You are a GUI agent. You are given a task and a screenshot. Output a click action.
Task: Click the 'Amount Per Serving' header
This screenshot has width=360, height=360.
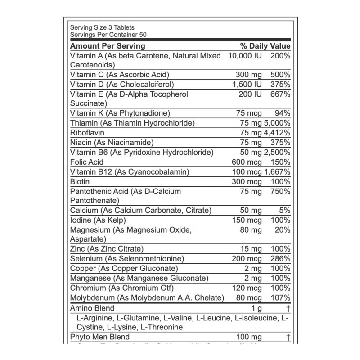pyautogui.click(x=108, y=46)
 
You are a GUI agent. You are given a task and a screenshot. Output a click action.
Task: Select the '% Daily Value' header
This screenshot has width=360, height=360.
pyautogui.click(x=265, y=46)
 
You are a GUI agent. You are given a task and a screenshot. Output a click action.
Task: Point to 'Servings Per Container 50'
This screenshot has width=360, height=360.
pyautogui.click(x=108, y=35)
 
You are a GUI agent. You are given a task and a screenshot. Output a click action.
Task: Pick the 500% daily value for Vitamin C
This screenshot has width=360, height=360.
pyautogui.click(x=280, y=75)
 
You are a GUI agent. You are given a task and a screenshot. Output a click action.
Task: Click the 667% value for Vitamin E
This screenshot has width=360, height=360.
pyautogui.click(x=280, y=94)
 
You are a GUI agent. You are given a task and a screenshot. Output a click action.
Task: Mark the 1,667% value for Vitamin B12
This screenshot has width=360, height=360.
pyautogui.click(x=276, y=171)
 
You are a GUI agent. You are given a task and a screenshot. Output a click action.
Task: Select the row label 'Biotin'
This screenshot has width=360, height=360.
pyautogui.click(x=81, y=181)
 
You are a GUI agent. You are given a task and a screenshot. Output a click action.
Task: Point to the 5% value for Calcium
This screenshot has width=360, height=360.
pyautogui.click(x=285, y=211)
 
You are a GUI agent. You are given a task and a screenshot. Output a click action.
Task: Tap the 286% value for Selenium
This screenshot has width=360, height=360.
pyautogui.click(x=280, y=259)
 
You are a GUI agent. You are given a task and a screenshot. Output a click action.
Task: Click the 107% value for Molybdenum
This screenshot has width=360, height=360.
pyautogui.click(x=280, y=298)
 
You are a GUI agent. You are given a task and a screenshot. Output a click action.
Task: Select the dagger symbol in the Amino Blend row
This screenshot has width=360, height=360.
pyautogui.click(x=287, y=308)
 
